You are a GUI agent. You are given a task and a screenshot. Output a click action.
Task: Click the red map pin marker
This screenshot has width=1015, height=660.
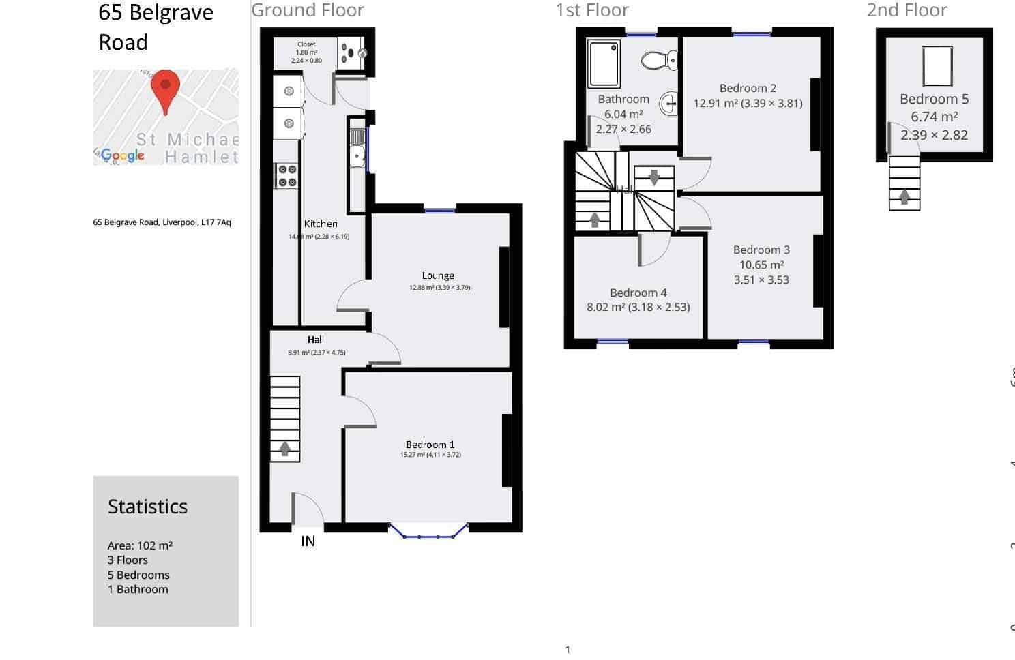[165, 89]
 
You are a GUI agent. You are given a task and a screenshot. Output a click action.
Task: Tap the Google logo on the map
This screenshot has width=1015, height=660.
[122, 155]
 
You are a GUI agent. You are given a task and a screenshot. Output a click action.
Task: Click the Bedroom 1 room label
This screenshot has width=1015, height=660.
[430, 445]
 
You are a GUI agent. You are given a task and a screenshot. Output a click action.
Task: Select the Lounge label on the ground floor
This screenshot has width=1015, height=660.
[438, 275]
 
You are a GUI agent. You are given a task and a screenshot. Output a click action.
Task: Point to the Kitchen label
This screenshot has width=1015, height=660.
[321, 224]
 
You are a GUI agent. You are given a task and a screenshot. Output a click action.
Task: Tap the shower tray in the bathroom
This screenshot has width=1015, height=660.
[604, 63]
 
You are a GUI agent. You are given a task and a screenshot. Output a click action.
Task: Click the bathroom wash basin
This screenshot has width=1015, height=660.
[669, 104]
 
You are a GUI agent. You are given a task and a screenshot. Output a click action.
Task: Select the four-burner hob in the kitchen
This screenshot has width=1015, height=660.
[286, 176]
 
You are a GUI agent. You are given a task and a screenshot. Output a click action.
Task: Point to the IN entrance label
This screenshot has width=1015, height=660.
[308, 541]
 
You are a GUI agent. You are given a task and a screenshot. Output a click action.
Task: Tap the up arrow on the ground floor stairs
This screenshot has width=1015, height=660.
[285, 449]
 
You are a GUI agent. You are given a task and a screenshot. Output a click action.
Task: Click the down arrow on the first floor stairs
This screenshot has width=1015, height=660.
[654, 178]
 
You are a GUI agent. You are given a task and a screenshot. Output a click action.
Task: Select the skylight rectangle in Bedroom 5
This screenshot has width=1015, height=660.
[937, 66]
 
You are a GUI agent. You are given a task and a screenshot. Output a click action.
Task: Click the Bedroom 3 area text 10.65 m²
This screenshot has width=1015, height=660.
[761, 265]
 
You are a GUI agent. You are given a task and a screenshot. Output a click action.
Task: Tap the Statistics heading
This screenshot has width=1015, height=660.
[147, 507]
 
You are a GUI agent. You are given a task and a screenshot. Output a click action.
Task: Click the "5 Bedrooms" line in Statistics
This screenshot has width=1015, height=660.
[138, 575]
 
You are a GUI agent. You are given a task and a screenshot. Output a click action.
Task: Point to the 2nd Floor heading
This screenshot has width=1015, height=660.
[907, 10]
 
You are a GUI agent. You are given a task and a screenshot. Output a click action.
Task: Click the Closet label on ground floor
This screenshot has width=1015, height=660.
[306, 44]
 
